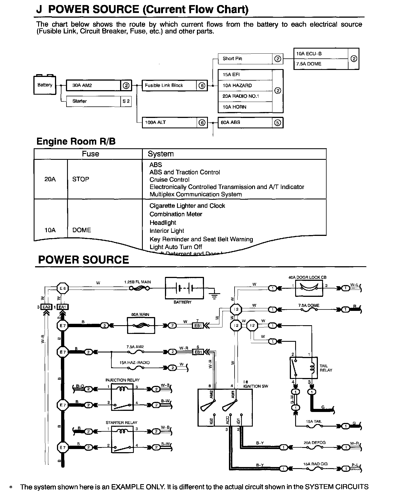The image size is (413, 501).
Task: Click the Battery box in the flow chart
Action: (x=45, y=85)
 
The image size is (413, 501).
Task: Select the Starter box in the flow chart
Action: (x=93, y=101)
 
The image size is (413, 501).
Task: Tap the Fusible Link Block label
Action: (x=164, y=85)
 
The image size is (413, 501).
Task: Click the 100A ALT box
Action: (x=169, y=122)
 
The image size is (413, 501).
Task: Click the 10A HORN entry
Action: (x=235, y=107)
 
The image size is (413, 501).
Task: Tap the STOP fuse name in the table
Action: (x=81, y=179)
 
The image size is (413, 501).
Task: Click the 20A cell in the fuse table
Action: (x=50, y=179)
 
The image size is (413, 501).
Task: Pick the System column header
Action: (x=161, y=154)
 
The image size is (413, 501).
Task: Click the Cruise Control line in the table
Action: (x=169, y=180)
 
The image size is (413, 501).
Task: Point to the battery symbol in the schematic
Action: (x=184, y=288)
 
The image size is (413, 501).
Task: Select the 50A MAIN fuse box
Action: (x=141, y=326)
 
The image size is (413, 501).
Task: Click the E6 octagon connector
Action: (x=63, y=288)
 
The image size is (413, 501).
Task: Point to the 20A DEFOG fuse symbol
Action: (x=314, y=447)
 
